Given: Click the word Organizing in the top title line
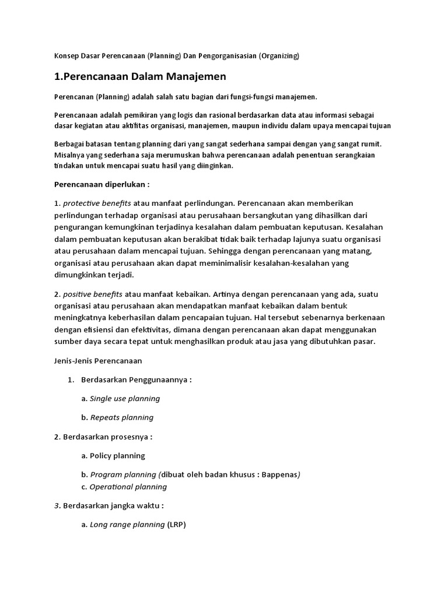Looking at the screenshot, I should coord(279,56).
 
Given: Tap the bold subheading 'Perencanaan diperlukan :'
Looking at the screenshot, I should coord(101,184).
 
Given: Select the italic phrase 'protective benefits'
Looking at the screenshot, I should coord(97,203).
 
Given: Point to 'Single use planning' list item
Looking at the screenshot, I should coord(125,399).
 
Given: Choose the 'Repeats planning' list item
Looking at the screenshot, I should coord(122,417).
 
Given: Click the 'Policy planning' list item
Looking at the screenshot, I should coord(117,455).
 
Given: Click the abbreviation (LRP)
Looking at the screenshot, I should coord(176,525).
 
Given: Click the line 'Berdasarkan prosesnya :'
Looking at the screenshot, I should coord(103,436).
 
